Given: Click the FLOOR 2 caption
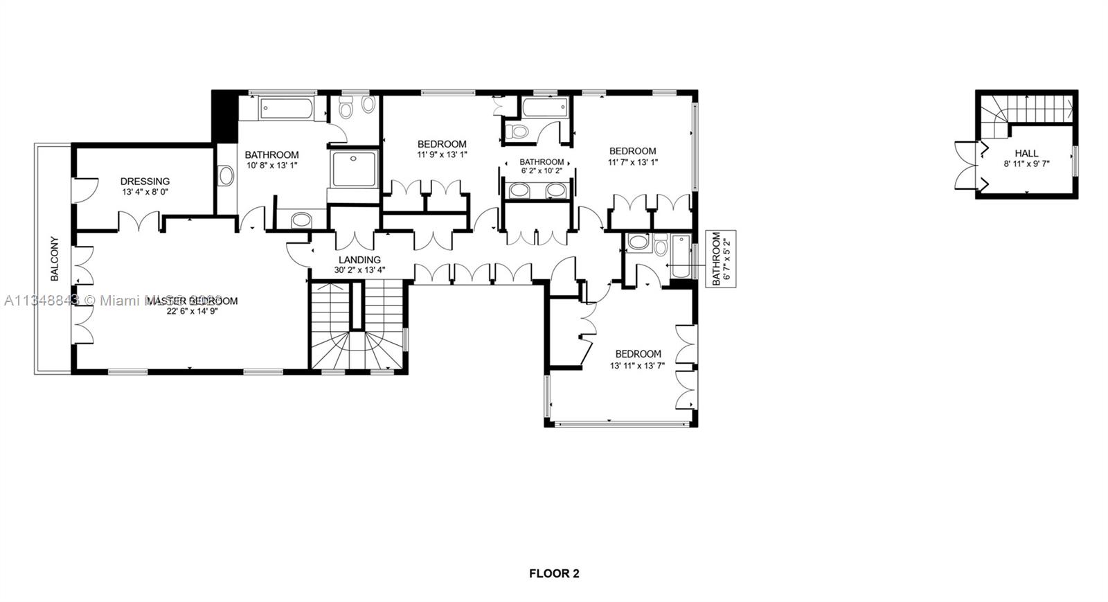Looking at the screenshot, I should click(554, 574).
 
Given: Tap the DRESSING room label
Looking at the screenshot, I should click(145, 182).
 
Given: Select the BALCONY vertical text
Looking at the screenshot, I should click(54, 259).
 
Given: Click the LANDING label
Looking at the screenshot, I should click(359, 260).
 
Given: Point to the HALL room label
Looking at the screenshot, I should click(1026, 153).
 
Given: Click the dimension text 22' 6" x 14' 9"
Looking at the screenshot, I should click(192, 312).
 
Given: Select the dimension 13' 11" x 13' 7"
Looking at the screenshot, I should click(637, 366).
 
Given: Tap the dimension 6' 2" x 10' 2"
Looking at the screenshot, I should click(541, 170).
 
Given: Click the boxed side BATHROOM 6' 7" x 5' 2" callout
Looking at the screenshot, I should click(721, 258).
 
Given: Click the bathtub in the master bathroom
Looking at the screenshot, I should click(285, 109).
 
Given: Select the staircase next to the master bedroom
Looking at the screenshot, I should click(357, 326).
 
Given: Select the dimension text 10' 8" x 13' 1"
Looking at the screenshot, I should click(271, 166).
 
